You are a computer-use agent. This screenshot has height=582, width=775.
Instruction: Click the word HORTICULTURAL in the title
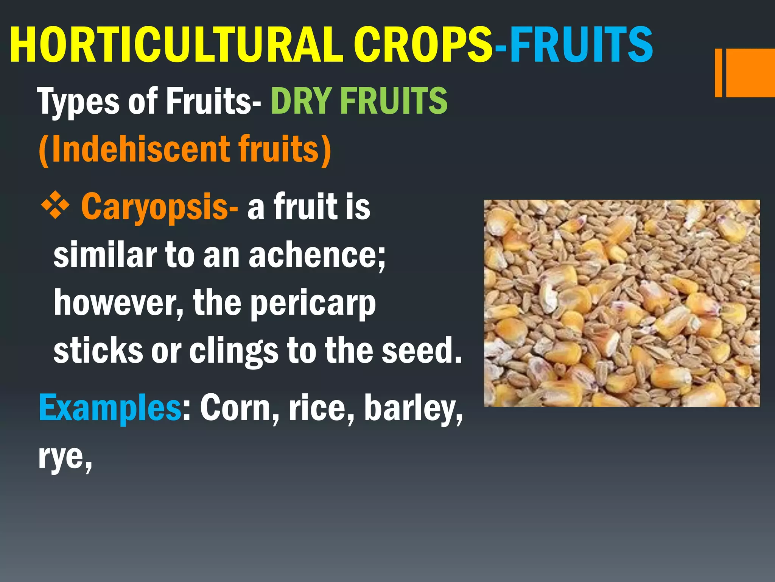point(176,45)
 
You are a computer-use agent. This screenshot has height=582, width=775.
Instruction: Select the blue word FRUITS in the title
point(581,45)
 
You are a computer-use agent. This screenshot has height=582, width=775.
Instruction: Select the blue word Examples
point(110,408)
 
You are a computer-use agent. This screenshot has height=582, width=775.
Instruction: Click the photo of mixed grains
point(622,303)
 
